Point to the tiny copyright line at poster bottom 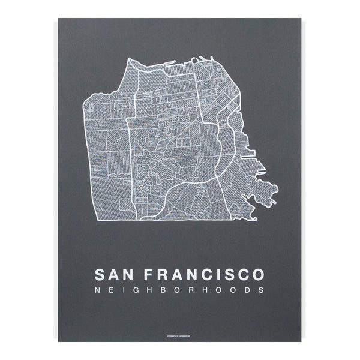pos(179,335)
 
